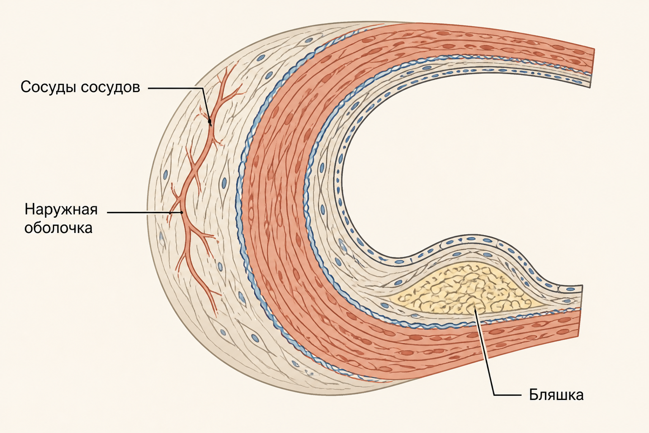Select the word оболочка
click(x=58, y=228)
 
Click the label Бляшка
click(x=556, y=395)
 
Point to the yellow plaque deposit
click(x=464, y=290)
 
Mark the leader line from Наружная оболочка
click(x=144, y=212)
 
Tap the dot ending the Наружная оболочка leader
click(x=182, y=212)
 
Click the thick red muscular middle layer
click(x=278, y=203)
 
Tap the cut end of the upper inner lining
click(x=590, y=80)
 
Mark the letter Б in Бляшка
click(x=534, y=395)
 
